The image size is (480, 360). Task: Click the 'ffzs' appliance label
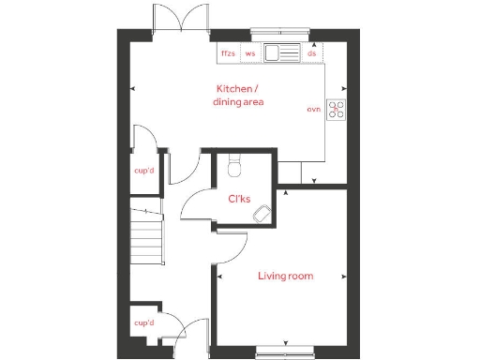pyautogui.click(x=228, y=53)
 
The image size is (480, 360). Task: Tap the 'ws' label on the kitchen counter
pyautogui.click(x=250, y=53)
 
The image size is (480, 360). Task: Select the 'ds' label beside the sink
pyautogui.click(x=311, y=53)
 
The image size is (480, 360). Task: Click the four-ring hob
pyautogui.click(x=337, y=109)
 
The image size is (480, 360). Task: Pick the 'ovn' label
pyautogui.click(x=314, y=110)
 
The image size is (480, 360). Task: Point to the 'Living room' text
pyautogui.click(x=286, y=276)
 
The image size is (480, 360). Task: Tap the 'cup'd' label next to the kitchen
pyautogui.click(x=144, y=171)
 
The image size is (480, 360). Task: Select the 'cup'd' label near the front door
pyautogui.click(x=143, y=323)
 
